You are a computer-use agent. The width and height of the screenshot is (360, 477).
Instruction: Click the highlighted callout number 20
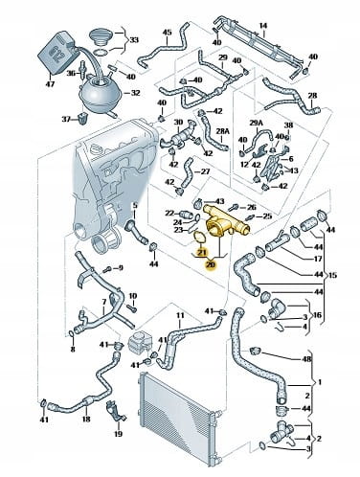pyautogui.click(x=211, y=264)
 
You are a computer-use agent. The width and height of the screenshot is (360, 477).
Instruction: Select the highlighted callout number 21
pyautogui.click(x=202, y=253)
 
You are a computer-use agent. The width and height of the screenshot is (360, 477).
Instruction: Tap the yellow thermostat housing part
pyautogui.click(x=227, y=221)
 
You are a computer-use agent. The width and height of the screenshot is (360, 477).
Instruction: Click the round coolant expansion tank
pyautogui.click(x=100, y=91)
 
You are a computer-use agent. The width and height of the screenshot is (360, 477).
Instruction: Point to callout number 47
pyautogui.click(x=51, y=84)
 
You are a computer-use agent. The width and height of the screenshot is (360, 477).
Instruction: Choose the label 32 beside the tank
pyautogui.click(x=136, y=93)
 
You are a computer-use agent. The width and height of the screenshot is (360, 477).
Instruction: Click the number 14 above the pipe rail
pyautogui.click(x=263, y=25)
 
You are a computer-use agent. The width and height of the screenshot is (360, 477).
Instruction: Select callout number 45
pyautogui.click(x=167, y=33)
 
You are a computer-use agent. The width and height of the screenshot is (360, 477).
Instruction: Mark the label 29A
pyautogui.click(x=256, y=123)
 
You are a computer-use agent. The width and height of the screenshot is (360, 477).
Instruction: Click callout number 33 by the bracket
pyautogui.click(x=134, y=40)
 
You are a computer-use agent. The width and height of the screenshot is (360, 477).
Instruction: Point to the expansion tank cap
pyautogui.click(x=100, y=37)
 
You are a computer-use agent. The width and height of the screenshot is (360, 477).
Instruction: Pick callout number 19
pyautogui.click(x=118, y=434)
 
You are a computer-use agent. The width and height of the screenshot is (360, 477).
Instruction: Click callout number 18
pyautogui.click(x=86, y=419)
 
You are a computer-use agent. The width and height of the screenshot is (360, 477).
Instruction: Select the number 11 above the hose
pyautogui.click(x=180, y=315)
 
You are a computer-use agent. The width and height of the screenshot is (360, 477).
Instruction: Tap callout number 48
pyautogui.click(x=306, y=359)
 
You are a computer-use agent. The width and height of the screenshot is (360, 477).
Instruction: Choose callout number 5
pyautogui.click(x=135, y=206)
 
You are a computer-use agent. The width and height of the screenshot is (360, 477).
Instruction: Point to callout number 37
pyautogui.click(x=66, y=120)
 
